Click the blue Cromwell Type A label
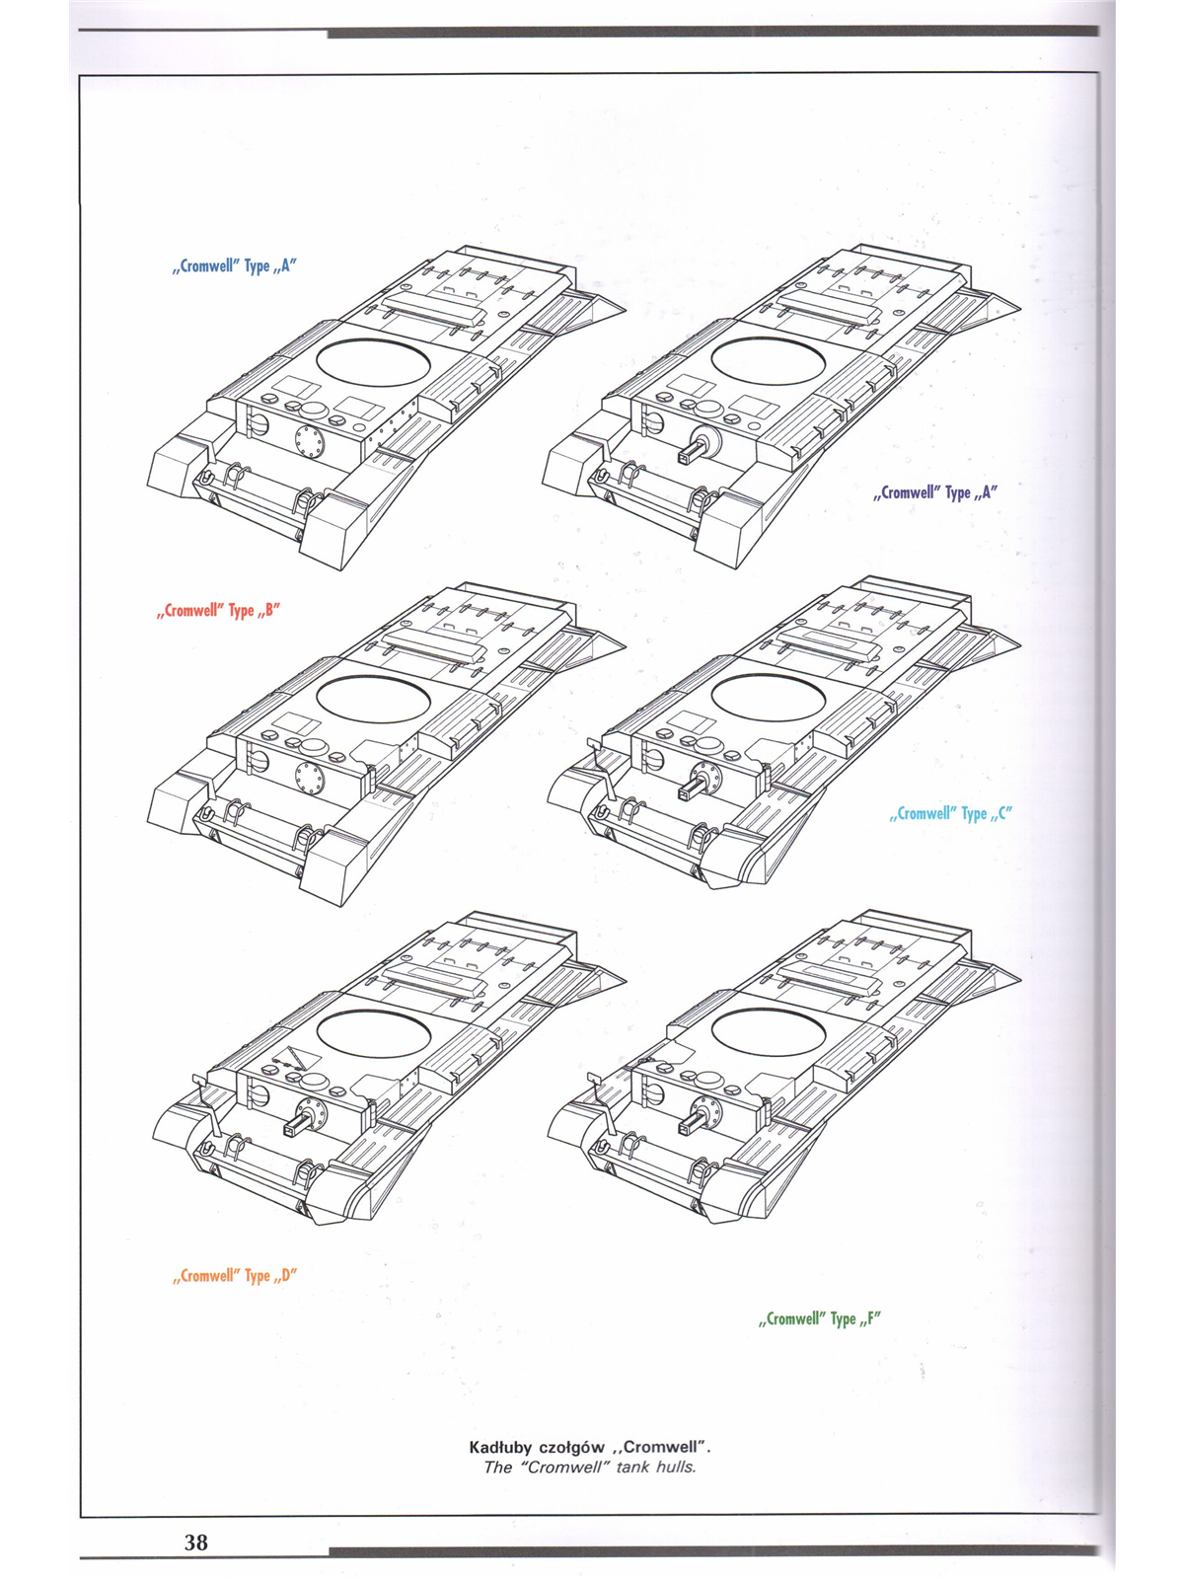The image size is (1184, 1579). [235, 266]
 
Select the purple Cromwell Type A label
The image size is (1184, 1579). [935, 492]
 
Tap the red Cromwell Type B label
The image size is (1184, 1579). [218, 611]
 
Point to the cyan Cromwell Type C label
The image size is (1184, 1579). [951, 813]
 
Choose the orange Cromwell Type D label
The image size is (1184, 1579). [235, 1276]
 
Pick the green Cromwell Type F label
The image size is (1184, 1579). [820, 1318]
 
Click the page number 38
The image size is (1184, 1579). [195, 1541]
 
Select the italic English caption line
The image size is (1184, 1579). [590, 1467]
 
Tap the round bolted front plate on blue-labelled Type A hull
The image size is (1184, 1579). [311, 440]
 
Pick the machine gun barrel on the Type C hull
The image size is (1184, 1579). [689, 789]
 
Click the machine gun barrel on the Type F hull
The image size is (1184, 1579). [689, 1123]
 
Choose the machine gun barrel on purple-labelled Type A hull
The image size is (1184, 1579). [689, 453]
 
